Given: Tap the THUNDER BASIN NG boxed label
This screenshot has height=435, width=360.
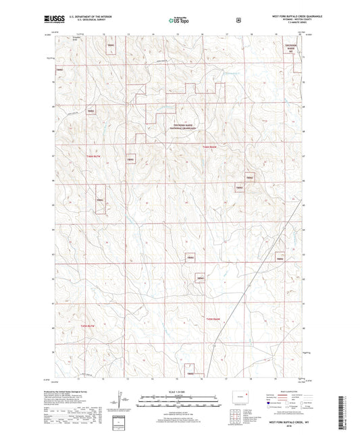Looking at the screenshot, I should pos(291,47).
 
